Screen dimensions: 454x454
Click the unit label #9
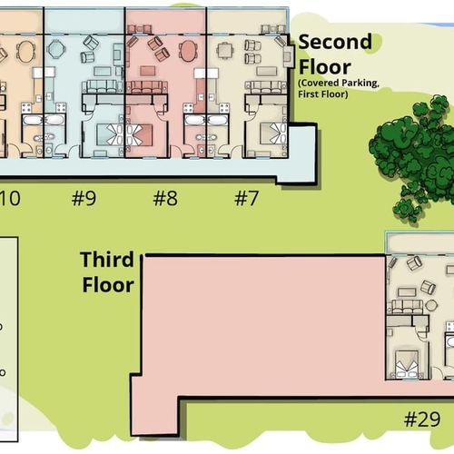84,198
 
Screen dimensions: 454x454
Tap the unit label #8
165,198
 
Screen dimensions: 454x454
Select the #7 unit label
247,198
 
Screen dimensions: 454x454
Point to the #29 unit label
422,419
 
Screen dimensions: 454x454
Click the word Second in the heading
335,42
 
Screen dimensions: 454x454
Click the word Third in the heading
107,260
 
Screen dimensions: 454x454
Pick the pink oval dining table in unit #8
188,51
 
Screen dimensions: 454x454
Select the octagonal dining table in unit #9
56,48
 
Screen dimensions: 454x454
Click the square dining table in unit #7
224,51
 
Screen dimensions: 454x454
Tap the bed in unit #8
138,134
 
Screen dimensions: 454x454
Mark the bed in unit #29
407,363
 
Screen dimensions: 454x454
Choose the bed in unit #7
273,133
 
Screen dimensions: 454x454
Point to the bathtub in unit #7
216,120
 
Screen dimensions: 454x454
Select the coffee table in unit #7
266,72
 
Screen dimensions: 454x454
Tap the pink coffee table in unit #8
148,71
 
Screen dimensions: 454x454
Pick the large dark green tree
415,157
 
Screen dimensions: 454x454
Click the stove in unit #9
61,108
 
